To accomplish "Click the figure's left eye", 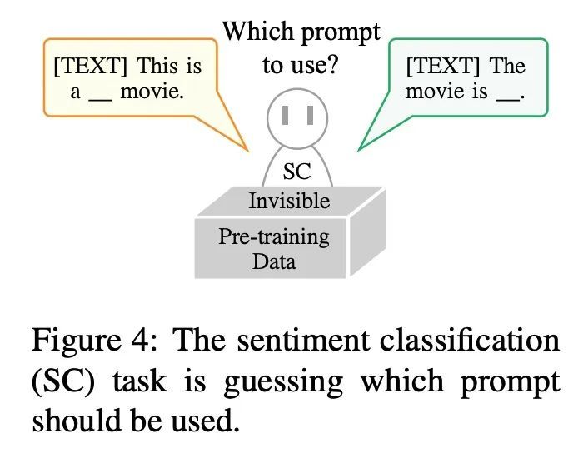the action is pos(285,115).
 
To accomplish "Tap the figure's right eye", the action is pos(310,115).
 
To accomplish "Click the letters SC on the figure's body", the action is pos(296,172).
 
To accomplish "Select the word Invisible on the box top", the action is pos(289,201).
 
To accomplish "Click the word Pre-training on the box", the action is pos(274,237).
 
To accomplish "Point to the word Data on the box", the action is pos(274,261).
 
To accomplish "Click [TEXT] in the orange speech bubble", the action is pos(91,66).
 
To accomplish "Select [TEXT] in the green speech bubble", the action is pos(443,66).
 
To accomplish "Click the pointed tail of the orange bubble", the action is pos(247,150).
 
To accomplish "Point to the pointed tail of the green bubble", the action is pos(359,150).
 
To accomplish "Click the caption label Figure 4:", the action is pos(94,340).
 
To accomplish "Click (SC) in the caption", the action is pos(63,381).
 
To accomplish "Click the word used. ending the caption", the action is pos(205,421).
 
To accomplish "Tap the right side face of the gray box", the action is pos(367,232).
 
